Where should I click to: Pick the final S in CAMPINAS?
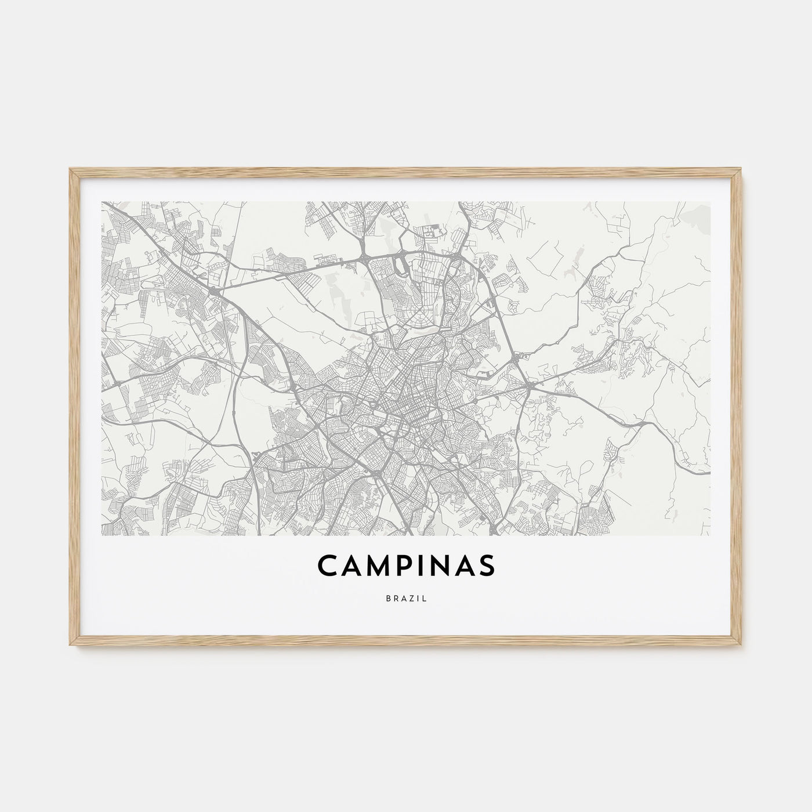(x=486, y=566)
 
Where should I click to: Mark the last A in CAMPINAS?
(x=464, y=566)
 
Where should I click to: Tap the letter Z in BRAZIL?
(x=411, y=599)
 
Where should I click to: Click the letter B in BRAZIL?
(x=387, y=599)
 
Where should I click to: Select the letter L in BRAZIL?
(x=425, y=599)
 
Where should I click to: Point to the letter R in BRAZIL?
(x=395, y=599)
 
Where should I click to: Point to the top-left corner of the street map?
(x=101, y=202)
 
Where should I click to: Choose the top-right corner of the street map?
(x=710, y=202)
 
